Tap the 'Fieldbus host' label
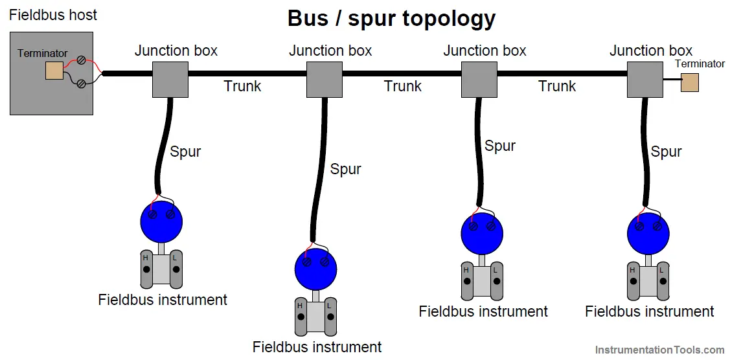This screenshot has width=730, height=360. click(x=54, y=15)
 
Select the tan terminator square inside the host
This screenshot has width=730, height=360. click(x=54, y=70)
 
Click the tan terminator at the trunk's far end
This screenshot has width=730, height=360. click(x=689, y=83)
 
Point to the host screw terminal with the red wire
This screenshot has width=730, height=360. click(x=81, y=60)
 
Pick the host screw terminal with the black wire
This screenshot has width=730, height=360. click(x=81, y=84)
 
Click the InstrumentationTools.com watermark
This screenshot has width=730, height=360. click(x=659, y=349)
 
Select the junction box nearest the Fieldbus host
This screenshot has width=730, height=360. click(x=170, y=80)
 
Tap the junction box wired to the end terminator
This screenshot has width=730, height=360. click(x=644, y=80)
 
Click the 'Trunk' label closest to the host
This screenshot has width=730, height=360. click(x=242, y=86)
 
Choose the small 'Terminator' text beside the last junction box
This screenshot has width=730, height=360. click(x=700, y=64)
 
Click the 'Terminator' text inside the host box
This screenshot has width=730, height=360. click(x=43, y=54)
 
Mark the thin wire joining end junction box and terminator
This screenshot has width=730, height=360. click(x=672, y=80)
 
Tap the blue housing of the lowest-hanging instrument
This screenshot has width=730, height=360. click(x=315, y=269)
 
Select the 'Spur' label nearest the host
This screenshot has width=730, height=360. click(x=185, y=152)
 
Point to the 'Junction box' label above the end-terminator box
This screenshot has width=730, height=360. click(x=651, y=51)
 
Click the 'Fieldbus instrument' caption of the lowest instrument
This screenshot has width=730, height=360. click(x=317, y=347)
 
